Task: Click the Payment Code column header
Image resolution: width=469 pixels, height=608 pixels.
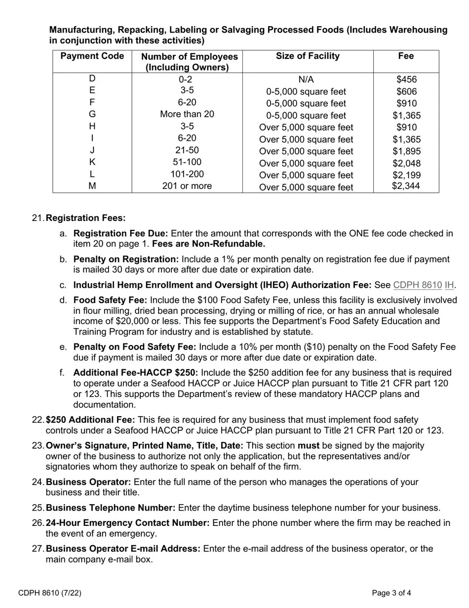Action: [92, 56]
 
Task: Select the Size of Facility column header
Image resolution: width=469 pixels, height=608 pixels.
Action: [308, 56]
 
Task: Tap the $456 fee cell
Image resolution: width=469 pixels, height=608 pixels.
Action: [406, 79]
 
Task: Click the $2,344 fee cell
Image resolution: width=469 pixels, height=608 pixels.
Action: [406, 186]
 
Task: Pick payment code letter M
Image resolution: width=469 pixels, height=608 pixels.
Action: [92, 186]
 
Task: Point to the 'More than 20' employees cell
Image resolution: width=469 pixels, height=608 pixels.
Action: [187, 114]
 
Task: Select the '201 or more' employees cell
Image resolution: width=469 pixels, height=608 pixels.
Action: [187, 186]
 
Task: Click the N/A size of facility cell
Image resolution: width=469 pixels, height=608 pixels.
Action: [306, 80]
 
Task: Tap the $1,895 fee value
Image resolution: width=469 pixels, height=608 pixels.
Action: [406, 151]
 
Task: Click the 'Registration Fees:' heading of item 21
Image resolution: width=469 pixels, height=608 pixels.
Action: [85, 218]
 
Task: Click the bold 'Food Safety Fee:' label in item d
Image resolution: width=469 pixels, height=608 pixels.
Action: [110, 300]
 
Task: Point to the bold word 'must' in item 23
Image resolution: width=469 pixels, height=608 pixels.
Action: [308, 445]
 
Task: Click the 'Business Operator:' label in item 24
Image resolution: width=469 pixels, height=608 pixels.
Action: [88, 482]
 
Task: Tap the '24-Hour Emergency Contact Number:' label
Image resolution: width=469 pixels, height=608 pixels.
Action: [127, 522]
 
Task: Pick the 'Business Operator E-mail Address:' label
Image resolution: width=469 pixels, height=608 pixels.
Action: [123, 549]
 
